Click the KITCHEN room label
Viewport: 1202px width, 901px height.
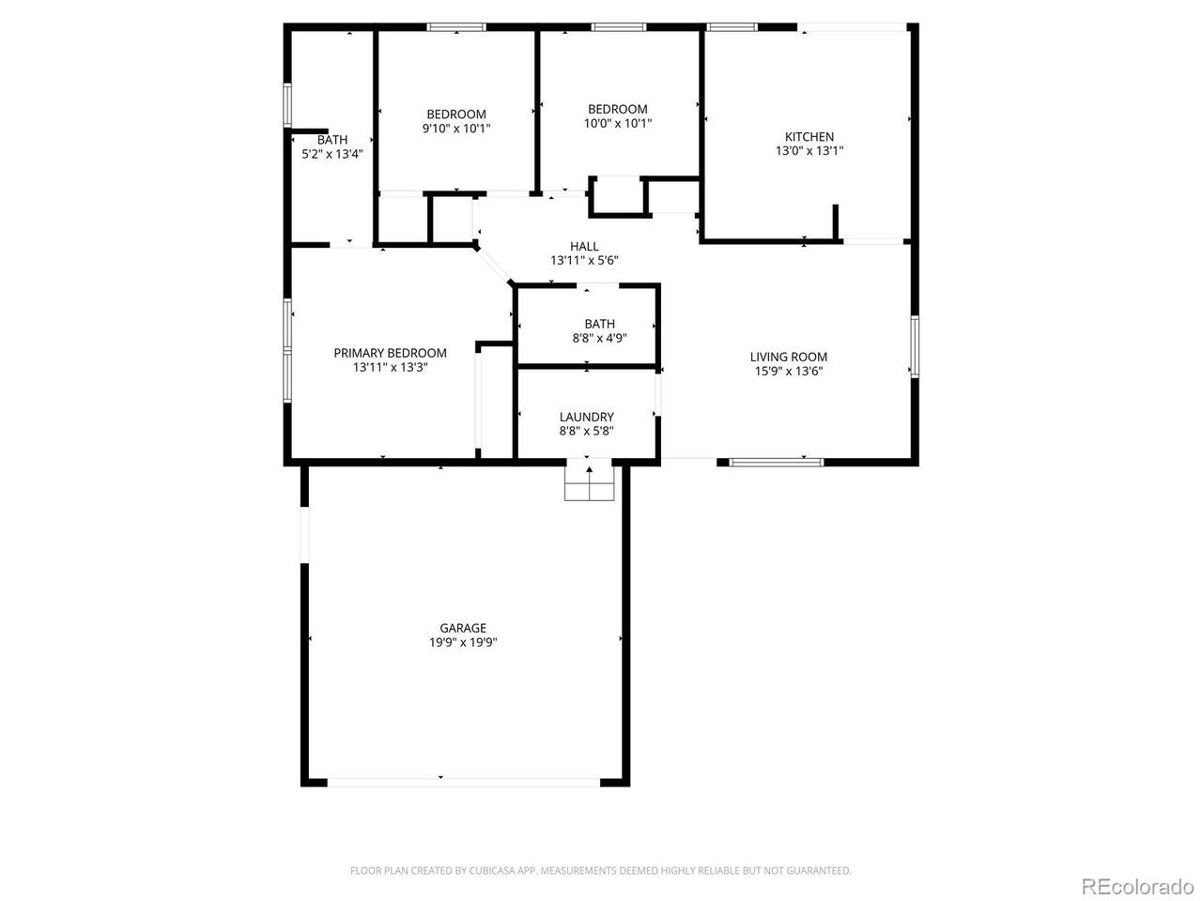(x=809, y=137)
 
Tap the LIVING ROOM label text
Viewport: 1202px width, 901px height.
(x=788, y=357)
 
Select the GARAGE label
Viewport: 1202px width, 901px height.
(x=463, y=628)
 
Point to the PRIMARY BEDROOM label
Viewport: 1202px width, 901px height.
(x=390, y=353)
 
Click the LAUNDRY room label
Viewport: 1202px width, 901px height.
(x=586, y=417)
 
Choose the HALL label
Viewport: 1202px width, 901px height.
(x=584, y=246)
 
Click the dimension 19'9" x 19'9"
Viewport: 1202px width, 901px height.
(x=463, y=642)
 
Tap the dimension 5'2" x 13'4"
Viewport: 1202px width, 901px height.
(x=332, y=154)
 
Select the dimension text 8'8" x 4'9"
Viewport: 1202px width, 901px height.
(x=600, y=338)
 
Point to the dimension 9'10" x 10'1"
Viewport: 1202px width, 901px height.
(x=456, y=129)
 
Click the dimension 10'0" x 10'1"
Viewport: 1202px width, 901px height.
(x=618, y=123)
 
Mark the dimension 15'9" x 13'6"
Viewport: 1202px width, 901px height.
(x=789, y=372)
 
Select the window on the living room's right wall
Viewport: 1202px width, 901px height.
(x=915, y=346)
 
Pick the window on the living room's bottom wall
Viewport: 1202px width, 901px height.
(x=776, y=463)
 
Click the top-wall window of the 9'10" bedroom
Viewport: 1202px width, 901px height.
(x=456, y=27)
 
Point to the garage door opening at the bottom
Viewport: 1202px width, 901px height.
(x=464, y=783)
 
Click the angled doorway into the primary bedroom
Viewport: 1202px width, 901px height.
(x=494, y=266)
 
